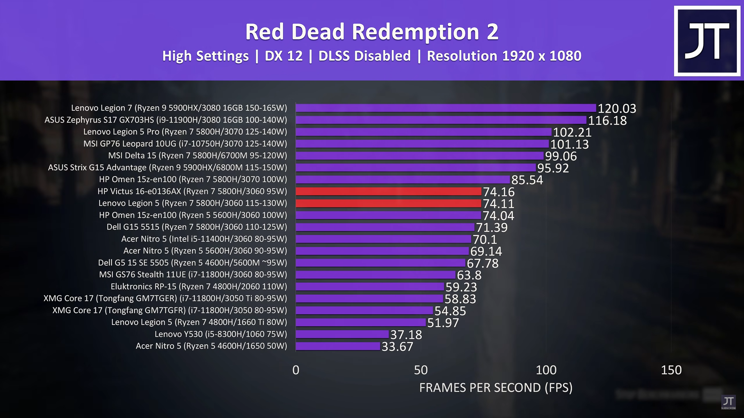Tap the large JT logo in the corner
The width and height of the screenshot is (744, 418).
click(707, 41)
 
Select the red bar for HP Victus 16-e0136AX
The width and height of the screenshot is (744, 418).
click(388, 191)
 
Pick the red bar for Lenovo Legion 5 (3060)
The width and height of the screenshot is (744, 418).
click(388, 203)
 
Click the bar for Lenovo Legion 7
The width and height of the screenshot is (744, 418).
click(446, 108)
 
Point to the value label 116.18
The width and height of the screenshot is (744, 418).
click(607, 120)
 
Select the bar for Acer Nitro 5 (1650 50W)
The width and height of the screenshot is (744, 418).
click(338, 346)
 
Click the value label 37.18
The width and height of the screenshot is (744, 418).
click(406, 335)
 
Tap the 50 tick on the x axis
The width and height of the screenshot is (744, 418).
click(421, 370)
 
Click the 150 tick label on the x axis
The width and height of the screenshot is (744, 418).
click(671, 370)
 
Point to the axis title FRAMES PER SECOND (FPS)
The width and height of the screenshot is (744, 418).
click(496, 388)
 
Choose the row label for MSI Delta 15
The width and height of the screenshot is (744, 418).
click(198, 156)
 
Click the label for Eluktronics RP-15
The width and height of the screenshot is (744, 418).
click(199, 287)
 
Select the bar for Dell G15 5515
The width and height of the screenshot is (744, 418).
click(385, 227)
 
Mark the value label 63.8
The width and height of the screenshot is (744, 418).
click(469, 275)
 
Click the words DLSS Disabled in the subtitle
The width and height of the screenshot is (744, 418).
click(364, 56)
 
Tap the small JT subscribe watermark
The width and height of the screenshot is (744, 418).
click(728, 402)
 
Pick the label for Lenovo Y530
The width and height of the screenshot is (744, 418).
click(221, 334)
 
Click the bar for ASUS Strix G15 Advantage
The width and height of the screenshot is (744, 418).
click(416, 167)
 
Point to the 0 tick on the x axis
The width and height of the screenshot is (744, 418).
click(296, 370)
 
